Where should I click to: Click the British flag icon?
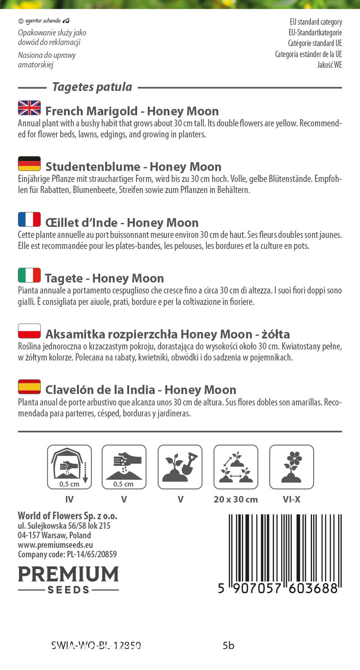29,108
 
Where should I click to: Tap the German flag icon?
29,163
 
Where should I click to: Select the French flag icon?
29,219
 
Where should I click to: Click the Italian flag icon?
29,275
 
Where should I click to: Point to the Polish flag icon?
29,331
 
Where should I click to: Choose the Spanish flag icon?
29,386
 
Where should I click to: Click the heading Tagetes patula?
92,87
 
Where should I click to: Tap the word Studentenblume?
93,167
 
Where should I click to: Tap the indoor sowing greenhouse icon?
69,467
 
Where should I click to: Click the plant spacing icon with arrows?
236,467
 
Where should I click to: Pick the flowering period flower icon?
291,467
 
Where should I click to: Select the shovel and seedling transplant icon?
180,467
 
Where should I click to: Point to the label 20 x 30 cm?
236,499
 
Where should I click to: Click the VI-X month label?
291,499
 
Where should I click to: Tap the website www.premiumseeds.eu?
56,545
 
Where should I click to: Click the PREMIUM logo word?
69,574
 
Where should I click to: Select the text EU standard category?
316,22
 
